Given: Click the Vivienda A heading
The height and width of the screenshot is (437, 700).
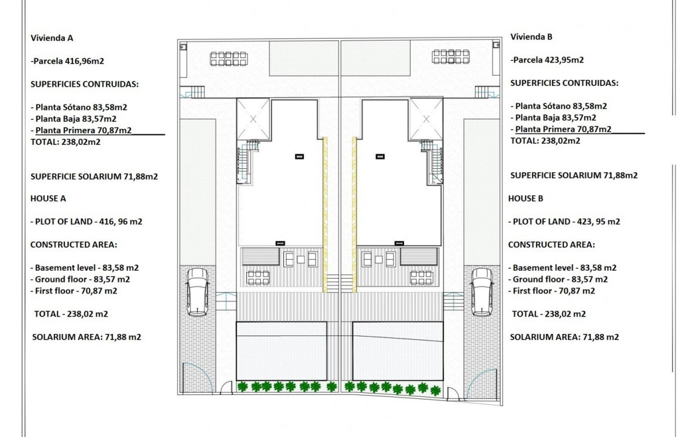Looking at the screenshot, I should point(52,38).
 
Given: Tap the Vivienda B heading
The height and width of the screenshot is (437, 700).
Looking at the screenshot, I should point(531,37).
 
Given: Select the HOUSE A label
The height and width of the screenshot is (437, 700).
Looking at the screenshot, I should point(48,198).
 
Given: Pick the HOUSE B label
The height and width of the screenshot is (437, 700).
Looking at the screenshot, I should point(525,198).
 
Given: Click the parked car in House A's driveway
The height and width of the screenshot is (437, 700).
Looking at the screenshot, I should point(197,292).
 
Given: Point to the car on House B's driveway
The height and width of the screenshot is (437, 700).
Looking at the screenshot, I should point(482,292).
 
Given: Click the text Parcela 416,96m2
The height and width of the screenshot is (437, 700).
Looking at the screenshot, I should point(67,61).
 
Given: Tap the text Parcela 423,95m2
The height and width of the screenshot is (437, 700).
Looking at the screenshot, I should point(547,60).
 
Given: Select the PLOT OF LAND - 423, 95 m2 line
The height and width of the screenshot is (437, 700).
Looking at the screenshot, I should point(564,221).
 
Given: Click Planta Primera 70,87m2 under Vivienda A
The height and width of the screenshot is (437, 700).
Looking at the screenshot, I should point(83,130).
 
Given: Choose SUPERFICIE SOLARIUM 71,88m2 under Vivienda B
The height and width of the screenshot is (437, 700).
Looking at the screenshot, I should point(574,175).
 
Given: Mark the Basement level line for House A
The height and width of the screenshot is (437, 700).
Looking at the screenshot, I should point(85,268).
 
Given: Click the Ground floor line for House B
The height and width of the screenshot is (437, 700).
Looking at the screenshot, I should point(558,279).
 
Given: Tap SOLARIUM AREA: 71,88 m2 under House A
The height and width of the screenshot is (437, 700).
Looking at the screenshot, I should point(86,337).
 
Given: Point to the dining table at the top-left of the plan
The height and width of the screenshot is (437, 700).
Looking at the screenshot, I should point(229,59).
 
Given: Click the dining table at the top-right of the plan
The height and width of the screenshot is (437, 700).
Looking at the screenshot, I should point(451,56).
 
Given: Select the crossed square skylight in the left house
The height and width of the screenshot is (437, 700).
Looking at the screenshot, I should point(253,119).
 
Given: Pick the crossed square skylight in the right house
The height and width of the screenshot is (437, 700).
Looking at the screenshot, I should point(426,119).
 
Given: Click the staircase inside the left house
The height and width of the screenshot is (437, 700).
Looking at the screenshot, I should point(244,162).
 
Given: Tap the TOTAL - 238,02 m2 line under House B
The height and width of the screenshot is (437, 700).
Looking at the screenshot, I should point(549,314).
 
